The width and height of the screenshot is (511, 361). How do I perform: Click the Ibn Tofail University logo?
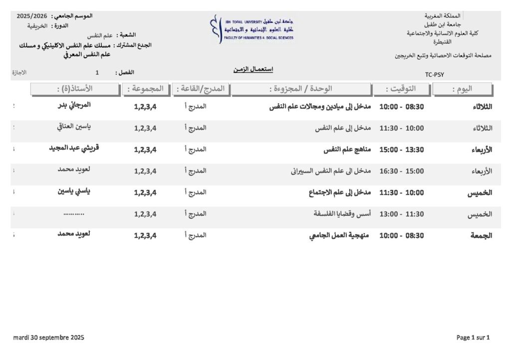[252, 29]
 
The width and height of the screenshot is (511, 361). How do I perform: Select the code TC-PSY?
[434, 75]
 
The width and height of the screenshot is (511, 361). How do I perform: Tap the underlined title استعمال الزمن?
[253, 69]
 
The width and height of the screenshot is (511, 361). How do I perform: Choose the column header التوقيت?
[408, 89]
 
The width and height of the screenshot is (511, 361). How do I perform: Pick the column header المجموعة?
[145, 89]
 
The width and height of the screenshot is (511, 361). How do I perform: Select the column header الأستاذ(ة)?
[74, 89]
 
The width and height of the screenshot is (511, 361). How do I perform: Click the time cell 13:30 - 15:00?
[402, 150]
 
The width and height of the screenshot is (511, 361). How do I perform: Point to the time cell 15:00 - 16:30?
[402, 171]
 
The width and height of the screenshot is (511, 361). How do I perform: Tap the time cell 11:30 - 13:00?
[402, 214]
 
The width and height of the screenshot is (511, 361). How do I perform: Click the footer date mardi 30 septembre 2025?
[49, 338]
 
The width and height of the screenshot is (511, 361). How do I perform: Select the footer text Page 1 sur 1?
[473, 338]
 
